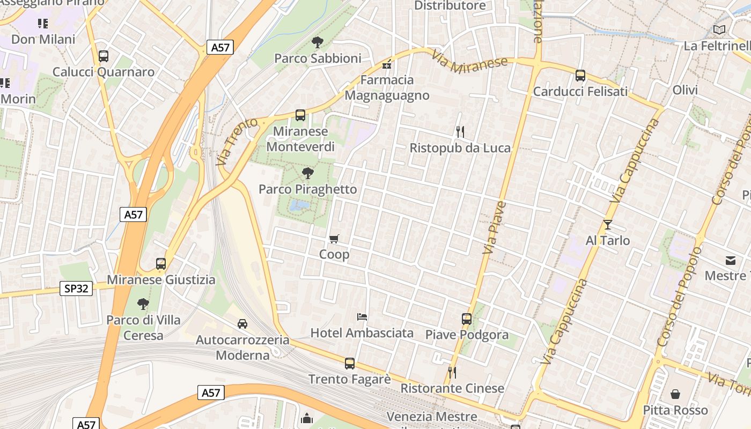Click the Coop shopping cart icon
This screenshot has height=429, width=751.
point(334,239)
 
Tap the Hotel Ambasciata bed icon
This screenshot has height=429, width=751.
point(362,317)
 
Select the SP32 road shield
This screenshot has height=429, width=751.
point(76,289)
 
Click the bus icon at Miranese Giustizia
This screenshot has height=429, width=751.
point(161,263)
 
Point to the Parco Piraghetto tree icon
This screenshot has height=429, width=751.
point(308,173)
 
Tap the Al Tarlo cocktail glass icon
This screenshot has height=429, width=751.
point(608,224)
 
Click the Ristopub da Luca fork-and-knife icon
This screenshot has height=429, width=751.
point(460,131)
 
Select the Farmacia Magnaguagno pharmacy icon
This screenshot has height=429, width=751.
point(386,65)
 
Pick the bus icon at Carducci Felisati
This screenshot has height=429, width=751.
point(580,76)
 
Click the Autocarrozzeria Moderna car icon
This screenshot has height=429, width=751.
point(242,323)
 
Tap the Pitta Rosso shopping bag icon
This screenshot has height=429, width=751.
point(675,394)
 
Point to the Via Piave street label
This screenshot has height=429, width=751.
point(494,227)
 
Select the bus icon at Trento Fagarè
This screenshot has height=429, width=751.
point(350,363)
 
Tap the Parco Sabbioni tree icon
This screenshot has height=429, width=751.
point(318,42)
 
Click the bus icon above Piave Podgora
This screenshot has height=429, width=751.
point(467,319)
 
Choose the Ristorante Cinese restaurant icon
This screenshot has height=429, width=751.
point(452,372)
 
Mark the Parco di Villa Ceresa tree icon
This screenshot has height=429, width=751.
point(143,304)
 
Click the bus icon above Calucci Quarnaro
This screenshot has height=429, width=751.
point(104,56)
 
